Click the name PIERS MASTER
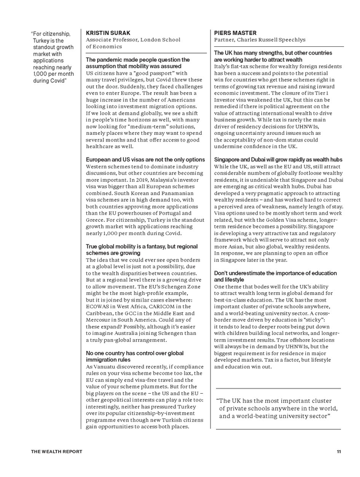click(x=231, y=33)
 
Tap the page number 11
click(x=339, y=452)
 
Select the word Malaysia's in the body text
click(x=159, y=180)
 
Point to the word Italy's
click(x=222, y=66)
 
